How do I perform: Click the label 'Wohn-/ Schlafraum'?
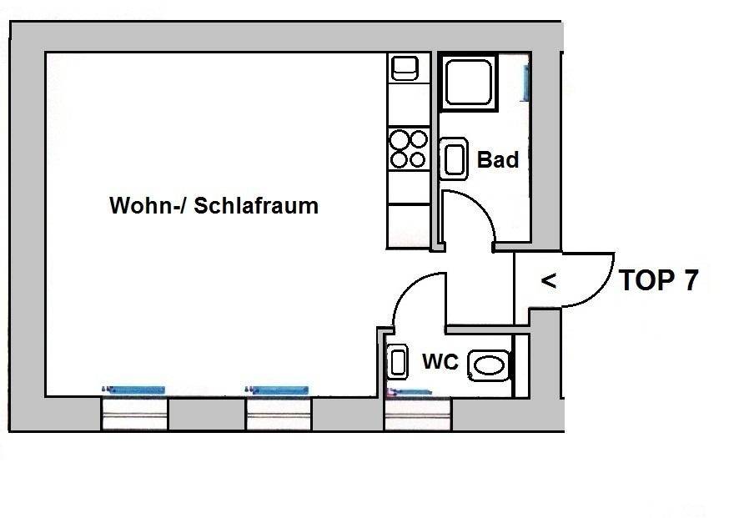point(214,205)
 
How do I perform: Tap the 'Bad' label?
point(498,159)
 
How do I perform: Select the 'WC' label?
point(440,362)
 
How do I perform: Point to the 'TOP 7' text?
point(658,281)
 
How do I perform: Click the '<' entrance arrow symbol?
point(548,281)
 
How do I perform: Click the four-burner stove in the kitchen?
point(409,148)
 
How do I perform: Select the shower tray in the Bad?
point(469,82)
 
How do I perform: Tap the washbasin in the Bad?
point(454,159)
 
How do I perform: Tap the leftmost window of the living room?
point(134,413)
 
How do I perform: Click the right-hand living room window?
point(279,413)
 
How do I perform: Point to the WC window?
point(417,413)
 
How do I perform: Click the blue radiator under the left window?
point(133,390)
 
